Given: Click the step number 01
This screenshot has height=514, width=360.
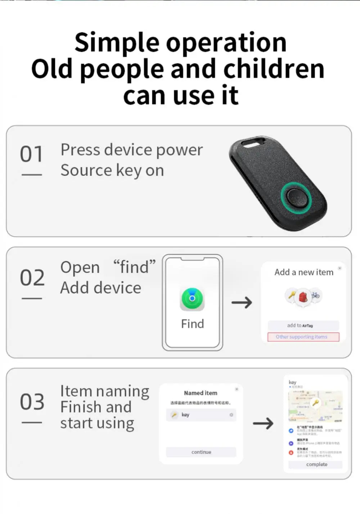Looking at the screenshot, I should coord(32,154).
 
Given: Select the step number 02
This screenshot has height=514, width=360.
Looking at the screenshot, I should coord(32,278).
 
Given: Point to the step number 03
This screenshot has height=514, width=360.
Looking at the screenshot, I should coord(32,402).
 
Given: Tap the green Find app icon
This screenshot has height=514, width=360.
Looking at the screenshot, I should coord(192,299).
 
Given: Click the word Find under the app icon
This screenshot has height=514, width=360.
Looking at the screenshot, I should coord(192,324).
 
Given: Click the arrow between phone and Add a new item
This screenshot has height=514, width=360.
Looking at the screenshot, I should coord(242,303).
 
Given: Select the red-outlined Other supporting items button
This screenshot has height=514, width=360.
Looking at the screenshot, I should coord(303,337).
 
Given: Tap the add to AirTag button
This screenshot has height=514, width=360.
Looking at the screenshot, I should coord(303,326).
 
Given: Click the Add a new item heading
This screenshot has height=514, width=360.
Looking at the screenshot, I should coord(304,272).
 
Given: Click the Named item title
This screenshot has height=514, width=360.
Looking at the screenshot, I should coord(201,393).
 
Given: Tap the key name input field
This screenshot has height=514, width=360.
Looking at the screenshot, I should coord(201,415).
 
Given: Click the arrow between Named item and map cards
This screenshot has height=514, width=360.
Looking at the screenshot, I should coord(263,423).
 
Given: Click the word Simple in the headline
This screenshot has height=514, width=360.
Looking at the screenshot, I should coord(116,43).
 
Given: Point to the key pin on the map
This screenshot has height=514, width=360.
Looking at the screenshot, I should coord(315,403).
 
